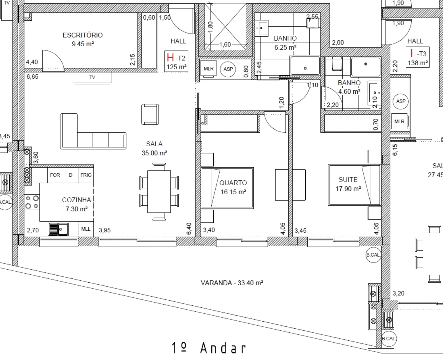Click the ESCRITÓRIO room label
(x=83, y=35)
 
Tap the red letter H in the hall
(x=170, y=58)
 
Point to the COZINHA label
(x=75, y=200)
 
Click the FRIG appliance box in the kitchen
(x=86, y=175)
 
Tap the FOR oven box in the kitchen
(x=55, y=175)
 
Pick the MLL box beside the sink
(x=86, y=229)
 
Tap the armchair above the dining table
(x=150, y=114)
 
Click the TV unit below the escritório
(x=92, y=78)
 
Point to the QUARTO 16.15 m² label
(x=233, y=187)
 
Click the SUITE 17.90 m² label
(x=349, y=183)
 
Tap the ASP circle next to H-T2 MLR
(x=228, y=69)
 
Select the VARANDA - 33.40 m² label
(x=232, y=283)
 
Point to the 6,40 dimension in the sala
(x=188, y=229)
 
